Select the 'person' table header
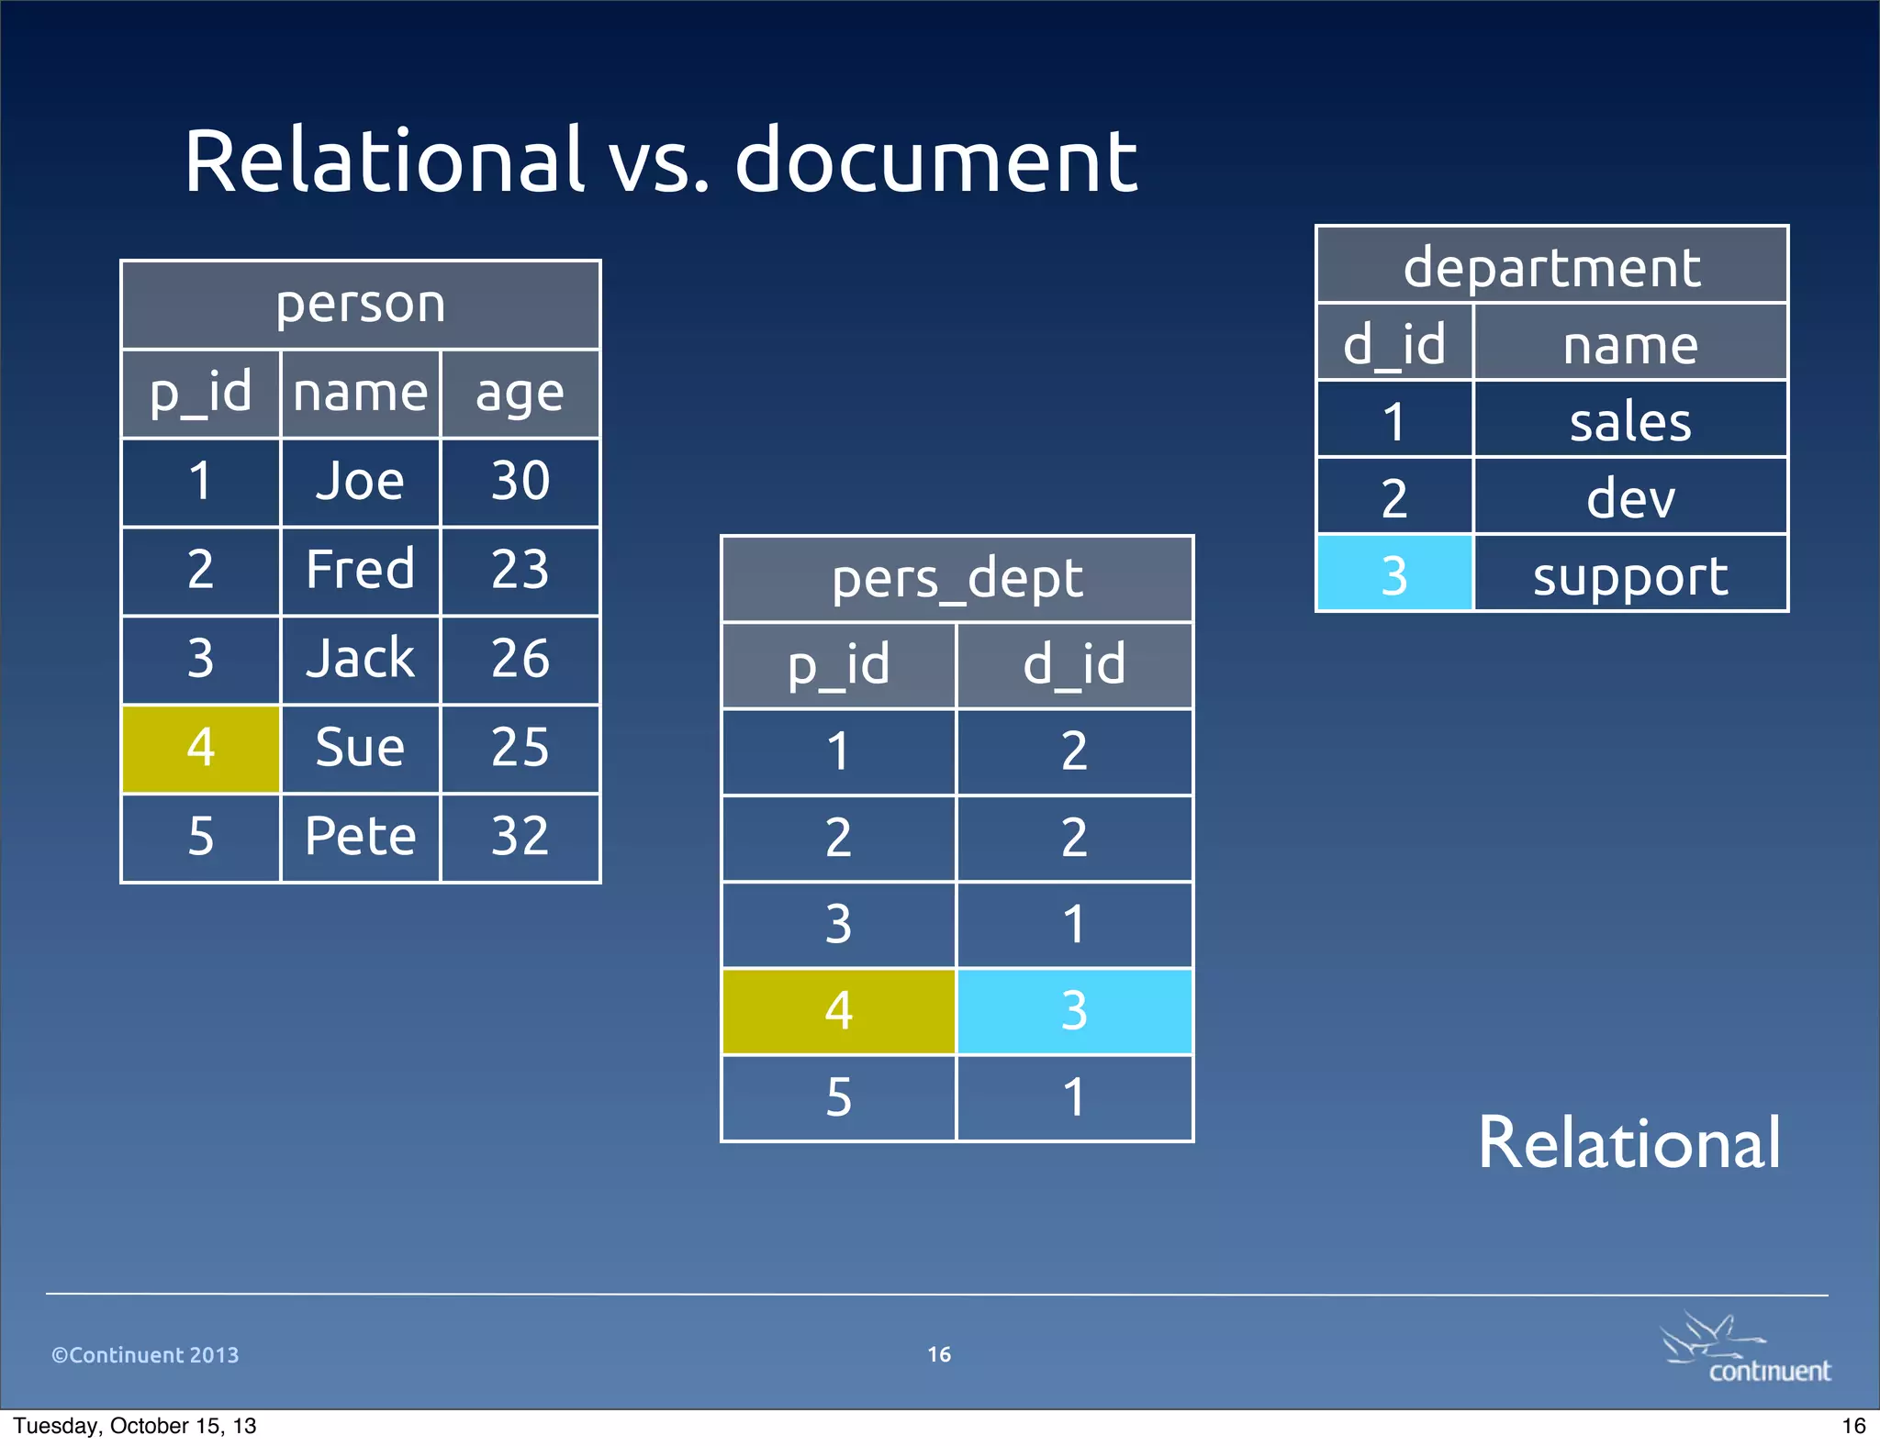click(x=360, y=304)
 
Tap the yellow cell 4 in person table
click(x=200, y=748)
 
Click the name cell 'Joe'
click(x=360, y=482)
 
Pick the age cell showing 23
click(x=520, y=570)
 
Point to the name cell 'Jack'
click(x=360, y=659)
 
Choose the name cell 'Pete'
click(x=360, y=837)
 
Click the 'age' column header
click(x=520, y=394)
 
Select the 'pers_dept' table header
click(x=957, y=579)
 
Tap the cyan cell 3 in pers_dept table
click(x=1074, y=1011)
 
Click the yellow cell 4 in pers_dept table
click(x=838, y=1011)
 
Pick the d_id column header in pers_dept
click(x=1074, y=665)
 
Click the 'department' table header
click(x=1551, y=267)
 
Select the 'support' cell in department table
click(x=1630, y=576)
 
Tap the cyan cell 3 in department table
click(x=1393, y=576)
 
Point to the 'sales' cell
click(x=1630, y=422)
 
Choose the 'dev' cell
click(x=1630, y=499)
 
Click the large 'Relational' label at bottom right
click(x=1628, y=1143)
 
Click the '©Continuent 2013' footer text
click(x=145, y=1355)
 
